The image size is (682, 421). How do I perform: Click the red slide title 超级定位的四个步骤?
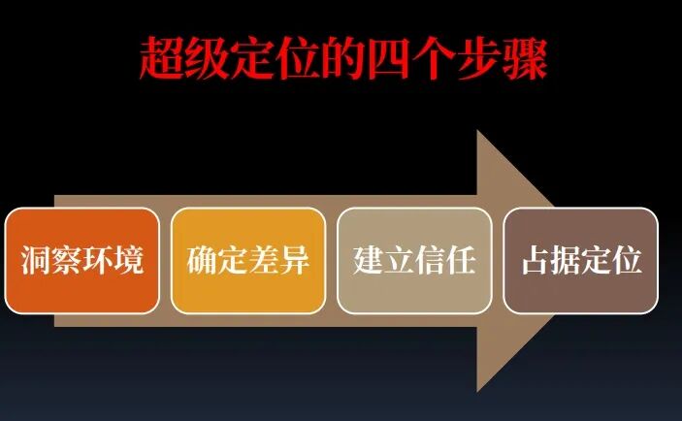click(341, 58)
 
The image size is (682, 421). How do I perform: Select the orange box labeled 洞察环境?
click(81, 260)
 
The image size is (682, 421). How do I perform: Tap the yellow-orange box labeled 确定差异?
click(248, 260)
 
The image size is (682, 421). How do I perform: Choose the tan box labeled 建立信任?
click(414, 260)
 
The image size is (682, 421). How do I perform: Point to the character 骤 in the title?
click(525, 58)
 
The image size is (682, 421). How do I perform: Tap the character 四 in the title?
click(388, 58)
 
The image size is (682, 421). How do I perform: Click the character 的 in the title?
click(341, 58)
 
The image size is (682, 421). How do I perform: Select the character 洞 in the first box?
click(36, 261)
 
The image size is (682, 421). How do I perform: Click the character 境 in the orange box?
click(128, 261)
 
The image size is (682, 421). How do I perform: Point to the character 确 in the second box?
click(202, 261)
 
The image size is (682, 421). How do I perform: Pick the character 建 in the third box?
click(369, 261)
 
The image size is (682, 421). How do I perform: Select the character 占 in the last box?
click(536, 261)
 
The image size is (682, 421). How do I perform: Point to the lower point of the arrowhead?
click(478, 391)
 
